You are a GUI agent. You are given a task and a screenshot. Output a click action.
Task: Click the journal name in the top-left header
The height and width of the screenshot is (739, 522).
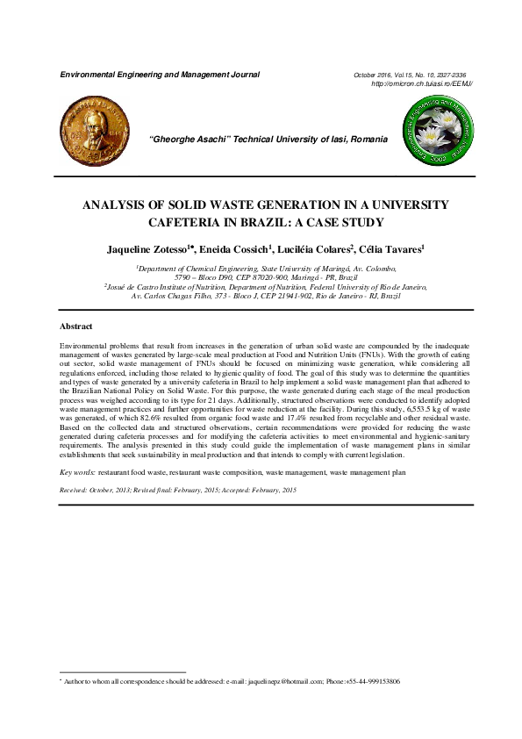[159, 75]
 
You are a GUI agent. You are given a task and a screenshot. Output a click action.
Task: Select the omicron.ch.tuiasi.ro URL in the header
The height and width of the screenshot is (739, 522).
[423, 83]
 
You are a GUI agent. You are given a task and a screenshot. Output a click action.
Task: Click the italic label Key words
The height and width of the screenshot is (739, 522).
[77, 472]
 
